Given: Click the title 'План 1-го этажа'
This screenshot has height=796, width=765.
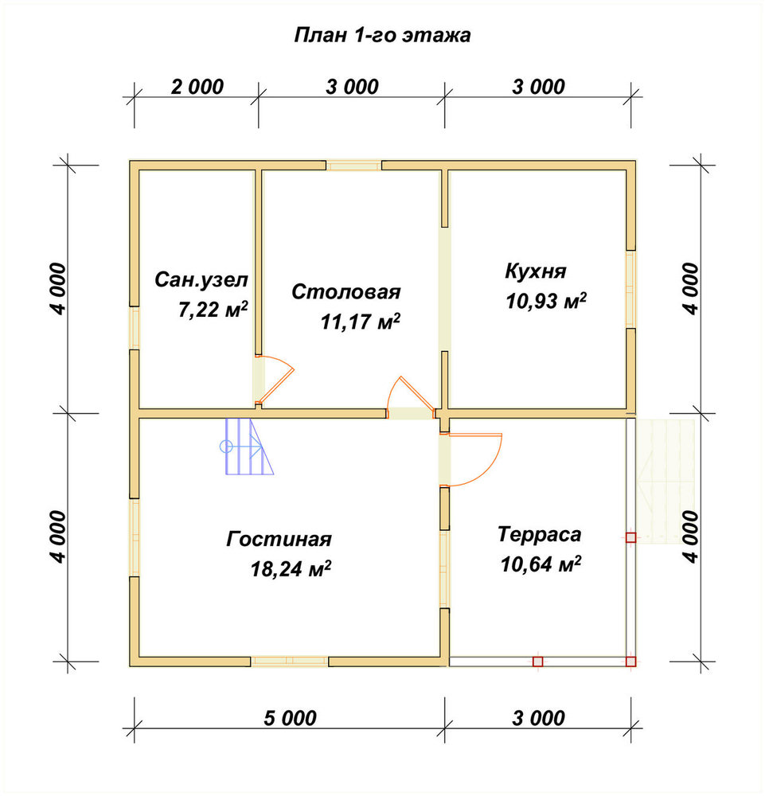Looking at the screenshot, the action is [382, 35].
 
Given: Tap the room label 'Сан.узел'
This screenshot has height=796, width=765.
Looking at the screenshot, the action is [201, 279].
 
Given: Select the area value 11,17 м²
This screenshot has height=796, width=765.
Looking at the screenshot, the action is [360, 322].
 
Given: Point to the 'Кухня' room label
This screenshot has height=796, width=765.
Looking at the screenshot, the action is [536, 271].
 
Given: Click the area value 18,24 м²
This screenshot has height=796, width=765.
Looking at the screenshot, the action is [291, 568].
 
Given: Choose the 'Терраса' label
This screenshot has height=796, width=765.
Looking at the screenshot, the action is [539, 534].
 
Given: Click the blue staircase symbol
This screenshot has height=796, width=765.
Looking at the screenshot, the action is [248, 447].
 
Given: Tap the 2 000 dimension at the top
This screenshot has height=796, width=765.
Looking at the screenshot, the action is [197, 87].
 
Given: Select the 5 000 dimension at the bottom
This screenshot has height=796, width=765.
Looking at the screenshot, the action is [290, 718].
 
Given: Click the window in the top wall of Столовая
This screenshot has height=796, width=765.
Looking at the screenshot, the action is [353, 166].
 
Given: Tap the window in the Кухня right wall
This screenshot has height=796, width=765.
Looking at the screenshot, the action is [630, 290].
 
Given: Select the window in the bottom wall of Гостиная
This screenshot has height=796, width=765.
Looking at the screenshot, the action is [289, 661].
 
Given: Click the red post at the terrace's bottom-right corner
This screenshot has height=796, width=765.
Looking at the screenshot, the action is [630, 661].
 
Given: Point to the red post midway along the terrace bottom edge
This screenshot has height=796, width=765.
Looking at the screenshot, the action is [537, 661].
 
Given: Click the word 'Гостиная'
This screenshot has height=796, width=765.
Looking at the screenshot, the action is [279, 539].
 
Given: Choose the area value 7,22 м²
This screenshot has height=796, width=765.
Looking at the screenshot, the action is [213, 309].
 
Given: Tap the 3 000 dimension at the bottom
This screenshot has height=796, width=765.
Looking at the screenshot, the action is [538, 718].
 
